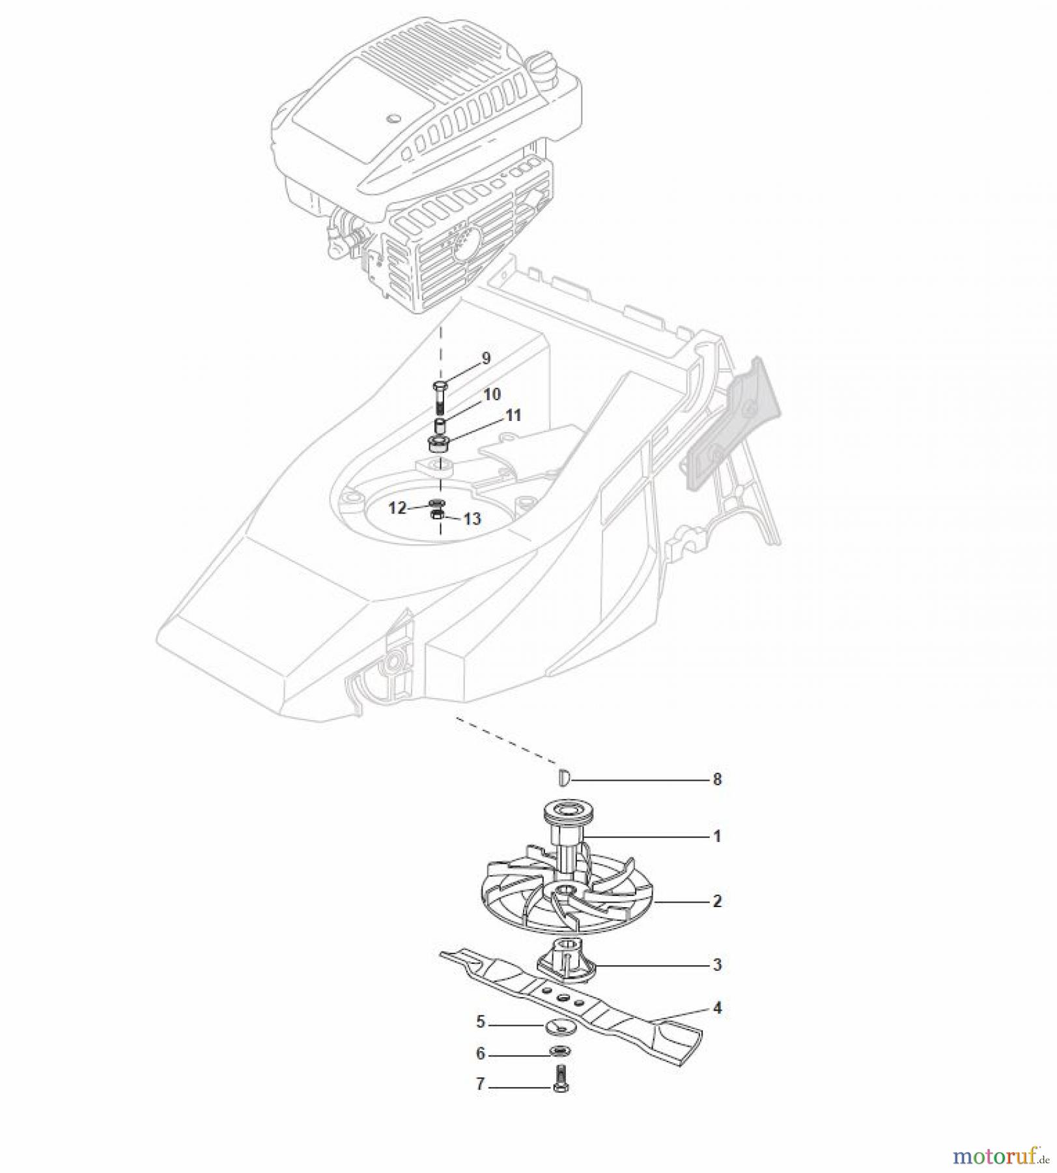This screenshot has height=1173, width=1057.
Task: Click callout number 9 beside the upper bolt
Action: click(485, 358)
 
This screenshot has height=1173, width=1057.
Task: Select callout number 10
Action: click(492, 394)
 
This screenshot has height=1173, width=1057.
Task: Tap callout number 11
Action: click(513, 415)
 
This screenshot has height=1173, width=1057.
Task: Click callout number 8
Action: click(717, 779)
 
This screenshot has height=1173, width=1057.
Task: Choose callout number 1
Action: click(717, 836)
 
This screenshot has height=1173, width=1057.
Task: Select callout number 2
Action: click(717, 901)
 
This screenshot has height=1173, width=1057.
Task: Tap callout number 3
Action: click(717, 964)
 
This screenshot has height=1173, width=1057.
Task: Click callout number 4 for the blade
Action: click(717, 1008)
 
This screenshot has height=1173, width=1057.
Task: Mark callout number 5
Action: click(481, 1022)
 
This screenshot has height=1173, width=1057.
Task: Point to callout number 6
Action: click(481, 1054)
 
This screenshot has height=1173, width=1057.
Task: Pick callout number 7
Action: click(481, 1084)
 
